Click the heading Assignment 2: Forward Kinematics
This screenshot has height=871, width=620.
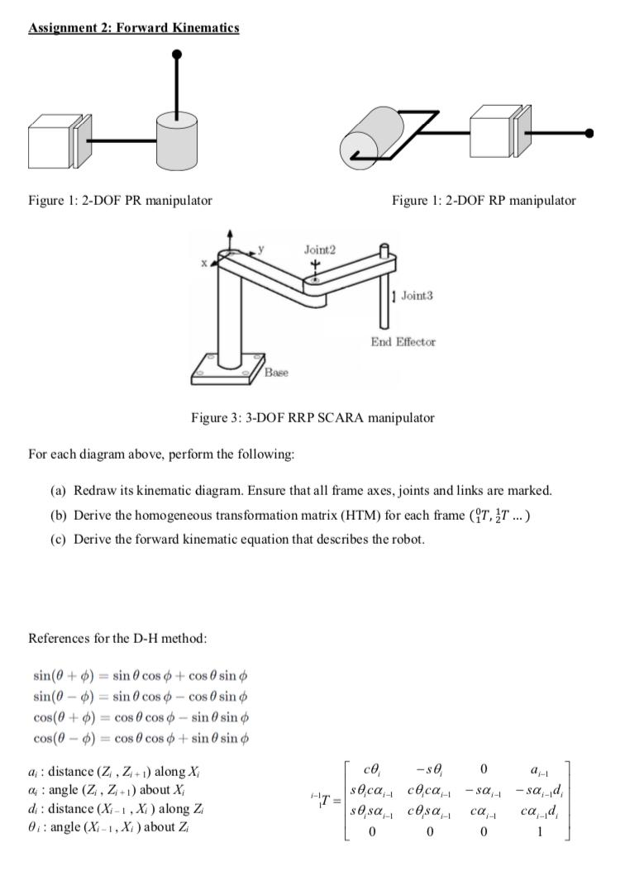click(x=134, y=28)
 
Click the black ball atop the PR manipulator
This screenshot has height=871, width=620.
click(x=176, y=55)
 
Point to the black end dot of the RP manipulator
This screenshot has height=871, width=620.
click(x=589, y=132)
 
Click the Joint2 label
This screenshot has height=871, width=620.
click(x=320, y=248)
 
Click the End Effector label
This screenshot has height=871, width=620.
click(x=404, y=341)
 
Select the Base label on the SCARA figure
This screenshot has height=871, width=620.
click(x=275, y=373)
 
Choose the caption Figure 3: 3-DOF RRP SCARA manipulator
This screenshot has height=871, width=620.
click(x=312, y=417)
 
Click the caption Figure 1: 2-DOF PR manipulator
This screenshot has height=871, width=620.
click(x=120, y=200)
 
